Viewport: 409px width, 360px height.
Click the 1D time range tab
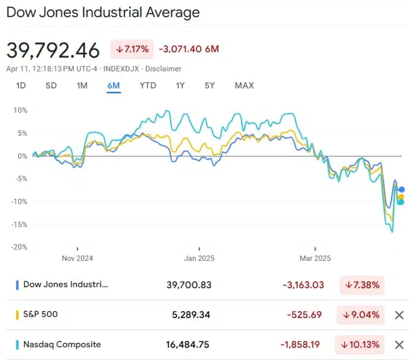21,85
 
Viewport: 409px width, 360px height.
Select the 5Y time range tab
210,85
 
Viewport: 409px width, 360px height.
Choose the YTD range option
148,85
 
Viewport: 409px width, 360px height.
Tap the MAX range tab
244,85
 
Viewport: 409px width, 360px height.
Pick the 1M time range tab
81,85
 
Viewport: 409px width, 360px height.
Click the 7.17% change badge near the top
132,50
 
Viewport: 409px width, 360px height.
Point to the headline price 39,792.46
53,51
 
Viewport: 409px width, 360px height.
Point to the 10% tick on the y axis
20,110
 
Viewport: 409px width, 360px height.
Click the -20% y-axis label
19,247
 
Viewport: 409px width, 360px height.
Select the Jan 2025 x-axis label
199,258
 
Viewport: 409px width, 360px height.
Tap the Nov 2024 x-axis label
77,258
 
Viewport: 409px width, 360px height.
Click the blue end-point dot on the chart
402,190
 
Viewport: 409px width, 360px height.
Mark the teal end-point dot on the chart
401,202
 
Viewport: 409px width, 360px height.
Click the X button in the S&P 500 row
399,315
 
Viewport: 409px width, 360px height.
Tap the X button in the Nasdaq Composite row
399,345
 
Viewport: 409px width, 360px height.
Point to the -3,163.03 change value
303,285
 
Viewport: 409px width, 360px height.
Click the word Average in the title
174,12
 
